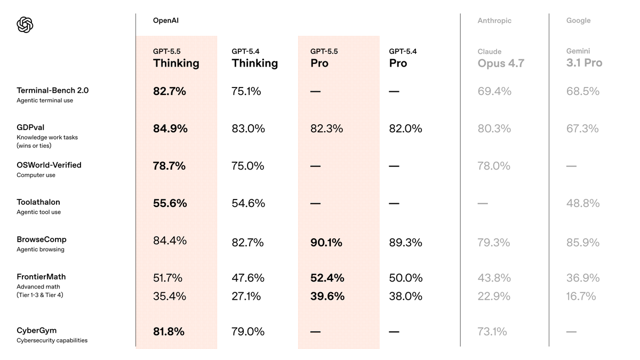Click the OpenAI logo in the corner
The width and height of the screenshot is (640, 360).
25,25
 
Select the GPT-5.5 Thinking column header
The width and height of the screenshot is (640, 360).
176,58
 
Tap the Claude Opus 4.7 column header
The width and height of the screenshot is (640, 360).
501,58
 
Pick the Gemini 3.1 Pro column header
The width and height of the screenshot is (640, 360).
584,58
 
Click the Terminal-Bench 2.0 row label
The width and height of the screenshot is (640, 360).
52,91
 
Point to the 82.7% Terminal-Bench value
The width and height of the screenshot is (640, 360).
170,91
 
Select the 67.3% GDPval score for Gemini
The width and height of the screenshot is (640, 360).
582,129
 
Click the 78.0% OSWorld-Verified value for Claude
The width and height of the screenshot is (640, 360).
494,166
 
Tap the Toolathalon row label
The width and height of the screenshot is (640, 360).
38,202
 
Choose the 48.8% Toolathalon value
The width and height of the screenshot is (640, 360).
582,203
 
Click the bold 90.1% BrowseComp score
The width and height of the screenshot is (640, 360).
326,243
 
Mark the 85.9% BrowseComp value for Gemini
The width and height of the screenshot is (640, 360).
582,243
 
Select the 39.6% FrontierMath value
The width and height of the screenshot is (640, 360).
327,296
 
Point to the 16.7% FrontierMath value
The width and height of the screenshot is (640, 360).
581,296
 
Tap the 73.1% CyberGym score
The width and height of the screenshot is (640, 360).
492,331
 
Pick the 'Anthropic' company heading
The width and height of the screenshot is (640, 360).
494,21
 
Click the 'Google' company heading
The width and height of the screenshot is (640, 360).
578,21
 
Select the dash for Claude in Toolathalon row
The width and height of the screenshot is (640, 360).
483,203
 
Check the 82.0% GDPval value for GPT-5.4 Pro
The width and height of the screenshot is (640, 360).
405,129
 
